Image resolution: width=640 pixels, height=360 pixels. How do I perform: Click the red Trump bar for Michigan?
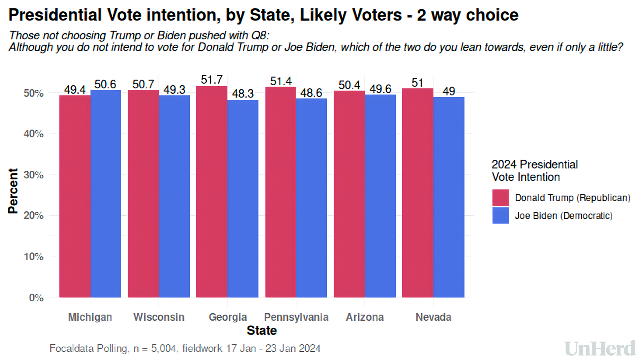75,197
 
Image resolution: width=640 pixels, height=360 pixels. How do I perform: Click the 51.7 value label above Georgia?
212,80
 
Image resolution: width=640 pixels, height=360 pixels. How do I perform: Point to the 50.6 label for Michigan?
105,84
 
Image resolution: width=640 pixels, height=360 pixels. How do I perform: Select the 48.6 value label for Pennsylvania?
311,93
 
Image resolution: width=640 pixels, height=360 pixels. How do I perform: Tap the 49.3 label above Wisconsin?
174,90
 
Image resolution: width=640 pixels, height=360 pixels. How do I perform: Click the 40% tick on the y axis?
33,134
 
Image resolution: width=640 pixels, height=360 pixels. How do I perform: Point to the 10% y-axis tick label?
33,257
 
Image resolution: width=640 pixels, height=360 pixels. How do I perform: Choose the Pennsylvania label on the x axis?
296,317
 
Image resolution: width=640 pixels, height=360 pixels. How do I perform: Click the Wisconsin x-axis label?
159,317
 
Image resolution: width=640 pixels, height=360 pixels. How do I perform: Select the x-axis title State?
262,331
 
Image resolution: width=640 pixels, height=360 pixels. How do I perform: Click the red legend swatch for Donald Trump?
500,198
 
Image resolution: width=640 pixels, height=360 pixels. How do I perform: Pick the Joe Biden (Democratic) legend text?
564,216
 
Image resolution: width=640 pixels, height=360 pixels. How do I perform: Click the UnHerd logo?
600,349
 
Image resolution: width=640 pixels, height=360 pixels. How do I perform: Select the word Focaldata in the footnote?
71,348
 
